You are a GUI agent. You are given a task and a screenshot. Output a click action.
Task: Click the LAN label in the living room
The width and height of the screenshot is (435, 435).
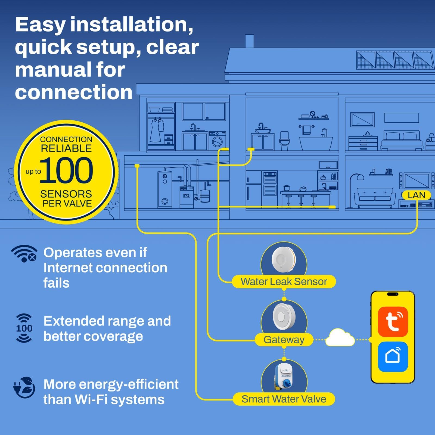pos(416,195)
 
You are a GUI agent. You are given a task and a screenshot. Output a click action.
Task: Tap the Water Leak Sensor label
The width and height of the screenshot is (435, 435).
pos(284,282)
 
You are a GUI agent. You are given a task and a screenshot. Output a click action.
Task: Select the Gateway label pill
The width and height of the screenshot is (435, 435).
pos(284,340)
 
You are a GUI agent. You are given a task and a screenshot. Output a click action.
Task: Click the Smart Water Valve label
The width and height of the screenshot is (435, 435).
pos(284,399)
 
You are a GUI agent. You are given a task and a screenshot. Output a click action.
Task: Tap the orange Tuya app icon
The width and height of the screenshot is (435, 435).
pos(393,322)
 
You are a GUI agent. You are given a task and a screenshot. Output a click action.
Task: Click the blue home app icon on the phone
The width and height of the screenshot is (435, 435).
pos(393,356)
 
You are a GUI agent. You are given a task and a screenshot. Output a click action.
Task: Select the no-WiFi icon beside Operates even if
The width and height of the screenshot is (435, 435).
pos(24,253)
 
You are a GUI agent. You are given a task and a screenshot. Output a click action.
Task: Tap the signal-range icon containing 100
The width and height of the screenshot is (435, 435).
pos(24,328)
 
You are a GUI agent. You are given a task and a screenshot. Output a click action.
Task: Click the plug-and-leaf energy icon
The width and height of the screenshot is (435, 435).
pos(24,387)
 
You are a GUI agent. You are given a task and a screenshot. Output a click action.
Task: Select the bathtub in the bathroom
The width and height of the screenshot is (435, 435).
pos(316,143)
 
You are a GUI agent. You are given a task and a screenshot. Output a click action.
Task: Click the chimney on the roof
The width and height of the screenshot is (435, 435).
pos(249,41)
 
